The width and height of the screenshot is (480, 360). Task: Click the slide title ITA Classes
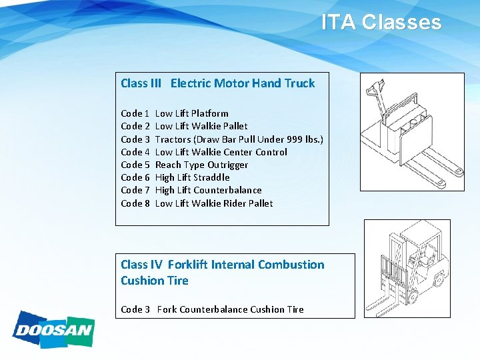(x=381, y=23)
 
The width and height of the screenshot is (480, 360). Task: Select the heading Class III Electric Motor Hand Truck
(x=217, y=83)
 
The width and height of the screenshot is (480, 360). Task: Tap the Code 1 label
(x=135, y=113)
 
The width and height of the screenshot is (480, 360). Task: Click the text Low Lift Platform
(x=191, y=113)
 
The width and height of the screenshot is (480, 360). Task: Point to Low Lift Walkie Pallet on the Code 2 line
(x=201, y=126)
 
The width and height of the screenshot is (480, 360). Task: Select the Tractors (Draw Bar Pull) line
(x=239, y=139)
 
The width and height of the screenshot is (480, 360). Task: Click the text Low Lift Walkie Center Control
(x=221, y=152)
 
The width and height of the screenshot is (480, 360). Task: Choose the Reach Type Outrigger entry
(x=201, y=165)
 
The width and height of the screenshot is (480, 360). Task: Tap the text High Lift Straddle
(x=192, y=177)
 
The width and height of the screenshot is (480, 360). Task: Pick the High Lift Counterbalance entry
(x=208, y=190)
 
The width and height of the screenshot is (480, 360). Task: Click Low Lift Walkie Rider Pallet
(x=213, y=203)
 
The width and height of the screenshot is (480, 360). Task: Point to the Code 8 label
(x=135, y=203)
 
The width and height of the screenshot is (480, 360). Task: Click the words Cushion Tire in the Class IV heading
(x=154, y=281)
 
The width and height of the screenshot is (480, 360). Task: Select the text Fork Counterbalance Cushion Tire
(x=230, y=309)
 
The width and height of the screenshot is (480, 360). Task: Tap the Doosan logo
(x=53, y=329)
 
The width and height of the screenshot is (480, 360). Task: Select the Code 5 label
(x=135, y=165)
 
